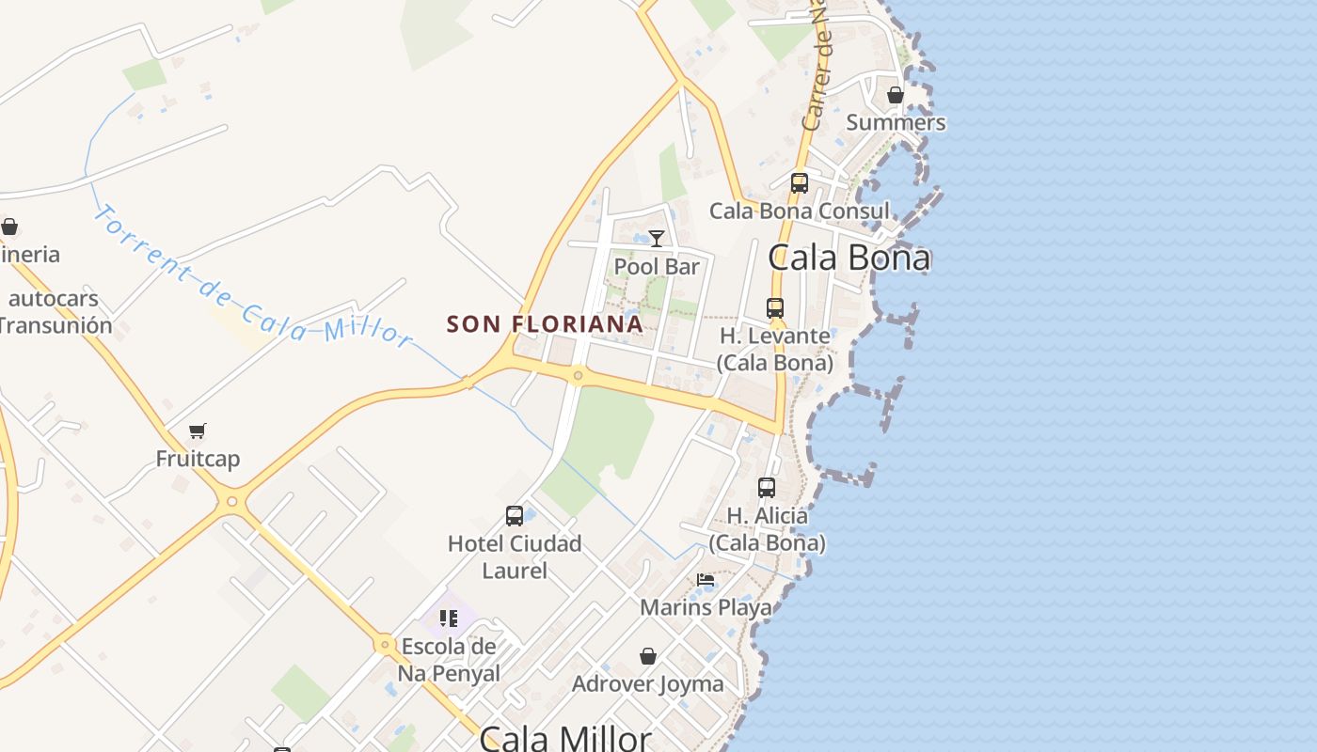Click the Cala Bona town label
click(x=849, y=258)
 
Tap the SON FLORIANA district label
click(x=545, y=324)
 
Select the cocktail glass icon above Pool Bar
click(x=657, y=239)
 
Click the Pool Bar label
click(x=657, y=267)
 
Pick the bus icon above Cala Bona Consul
click(x=799, y=183)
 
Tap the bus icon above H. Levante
click(x=774, y=308)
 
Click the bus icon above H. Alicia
click(x=767, y=488)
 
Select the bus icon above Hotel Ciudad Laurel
click(x=514, y=516)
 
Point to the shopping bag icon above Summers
click(x=896, y=95)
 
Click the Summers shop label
click(x=896, y=122)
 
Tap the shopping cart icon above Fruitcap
click(x=198, y=431)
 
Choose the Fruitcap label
click(x=198, y=459)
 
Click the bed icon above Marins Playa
click(x=706, y=580)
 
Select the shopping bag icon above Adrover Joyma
click(x=648, y=656)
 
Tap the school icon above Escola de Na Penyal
click(x=448, y=619)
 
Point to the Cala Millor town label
click(x=565, y=737)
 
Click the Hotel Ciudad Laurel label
click(x=515, y=556)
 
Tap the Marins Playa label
click(x=706, y=607)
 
